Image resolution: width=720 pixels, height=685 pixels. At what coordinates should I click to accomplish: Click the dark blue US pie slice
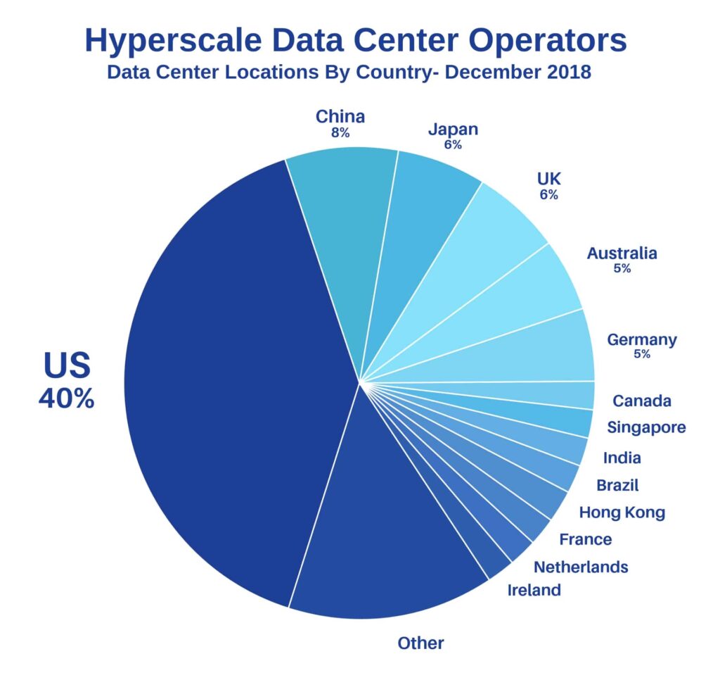(x=232, y=380)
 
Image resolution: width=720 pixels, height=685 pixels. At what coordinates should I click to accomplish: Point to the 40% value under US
(x=66, y=398)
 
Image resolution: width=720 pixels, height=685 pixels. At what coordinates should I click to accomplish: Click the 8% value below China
(x=340, y=132)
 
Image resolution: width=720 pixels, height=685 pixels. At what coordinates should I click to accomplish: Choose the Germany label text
(x=642, y=340)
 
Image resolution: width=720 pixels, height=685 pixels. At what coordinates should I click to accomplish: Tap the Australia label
(x=622, y=253)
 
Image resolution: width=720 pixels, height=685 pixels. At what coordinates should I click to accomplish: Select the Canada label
(x=641, y=401)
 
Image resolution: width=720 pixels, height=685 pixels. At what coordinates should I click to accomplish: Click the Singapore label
(x=646, y=427)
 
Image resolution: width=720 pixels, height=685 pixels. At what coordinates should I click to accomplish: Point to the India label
(x=622, y=458)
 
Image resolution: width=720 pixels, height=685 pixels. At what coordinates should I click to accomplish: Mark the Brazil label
(x=617, y=484)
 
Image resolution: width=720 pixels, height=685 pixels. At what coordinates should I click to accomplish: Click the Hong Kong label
(x=622, y=512)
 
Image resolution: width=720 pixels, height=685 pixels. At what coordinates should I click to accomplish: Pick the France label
(x=585, y=539)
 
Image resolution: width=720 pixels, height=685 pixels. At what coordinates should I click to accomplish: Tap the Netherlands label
(x=581, y=566)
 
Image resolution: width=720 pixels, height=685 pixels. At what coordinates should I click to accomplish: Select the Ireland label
(x=534, y=590)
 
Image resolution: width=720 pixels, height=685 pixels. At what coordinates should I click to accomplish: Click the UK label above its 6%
(x=548, y=179)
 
